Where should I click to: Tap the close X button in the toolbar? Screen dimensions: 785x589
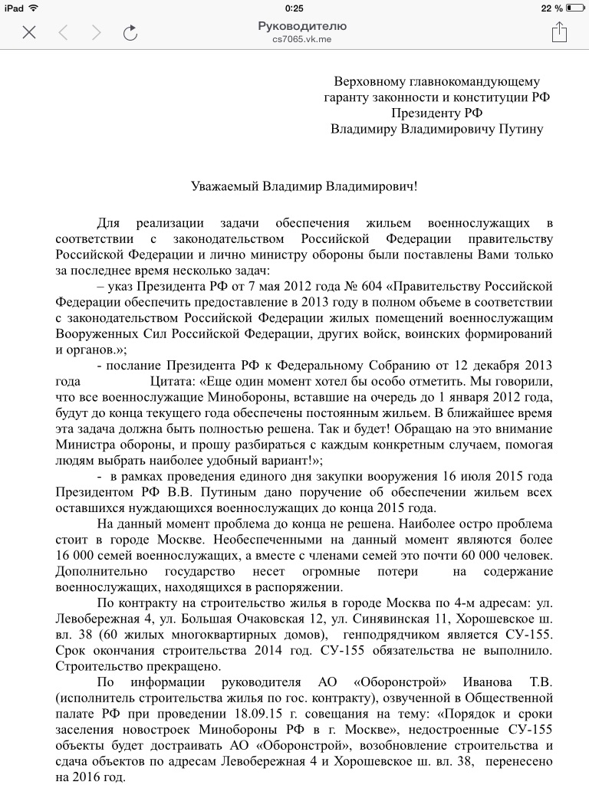click(29, 32)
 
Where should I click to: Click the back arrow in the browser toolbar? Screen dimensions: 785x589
click(64, 32)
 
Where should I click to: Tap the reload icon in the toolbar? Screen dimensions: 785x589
click(130, 32)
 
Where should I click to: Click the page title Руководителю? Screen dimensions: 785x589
click(302, 26)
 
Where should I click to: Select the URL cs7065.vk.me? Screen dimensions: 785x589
click(302, 38)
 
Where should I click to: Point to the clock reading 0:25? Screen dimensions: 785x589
click(294, 8)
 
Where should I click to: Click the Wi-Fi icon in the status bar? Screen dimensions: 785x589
click(33, 8)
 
